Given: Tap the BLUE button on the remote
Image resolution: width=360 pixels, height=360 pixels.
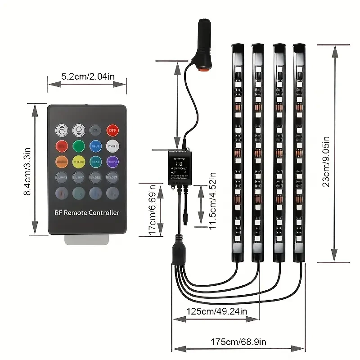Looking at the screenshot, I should (95, 146).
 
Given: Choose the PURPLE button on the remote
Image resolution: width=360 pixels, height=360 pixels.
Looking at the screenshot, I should (112, 161).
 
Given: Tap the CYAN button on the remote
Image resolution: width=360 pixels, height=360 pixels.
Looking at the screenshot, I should (95, 161).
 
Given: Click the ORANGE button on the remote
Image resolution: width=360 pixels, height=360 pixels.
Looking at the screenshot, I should (61, 161).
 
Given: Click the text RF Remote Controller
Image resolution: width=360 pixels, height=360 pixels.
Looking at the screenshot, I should (87, 212).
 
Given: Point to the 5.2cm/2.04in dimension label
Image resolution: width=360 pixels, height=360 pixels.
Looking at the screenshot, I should (88, 76).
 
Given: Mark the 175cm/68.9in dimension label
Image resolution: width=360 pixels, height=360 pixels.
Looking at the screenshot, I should (238, 342).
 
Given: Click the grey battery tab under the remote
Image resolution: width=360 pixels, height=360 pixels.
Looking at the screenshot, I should (87, 240).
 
